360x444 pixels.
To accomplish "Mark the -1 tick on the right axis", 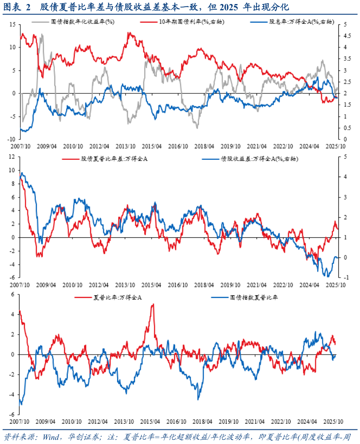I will pos(342,278).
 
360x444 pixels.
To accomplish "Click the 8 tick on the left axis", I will pos(14,184).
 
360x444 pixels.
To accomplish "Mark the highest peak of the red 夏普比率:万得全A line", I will pos(153,304).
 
